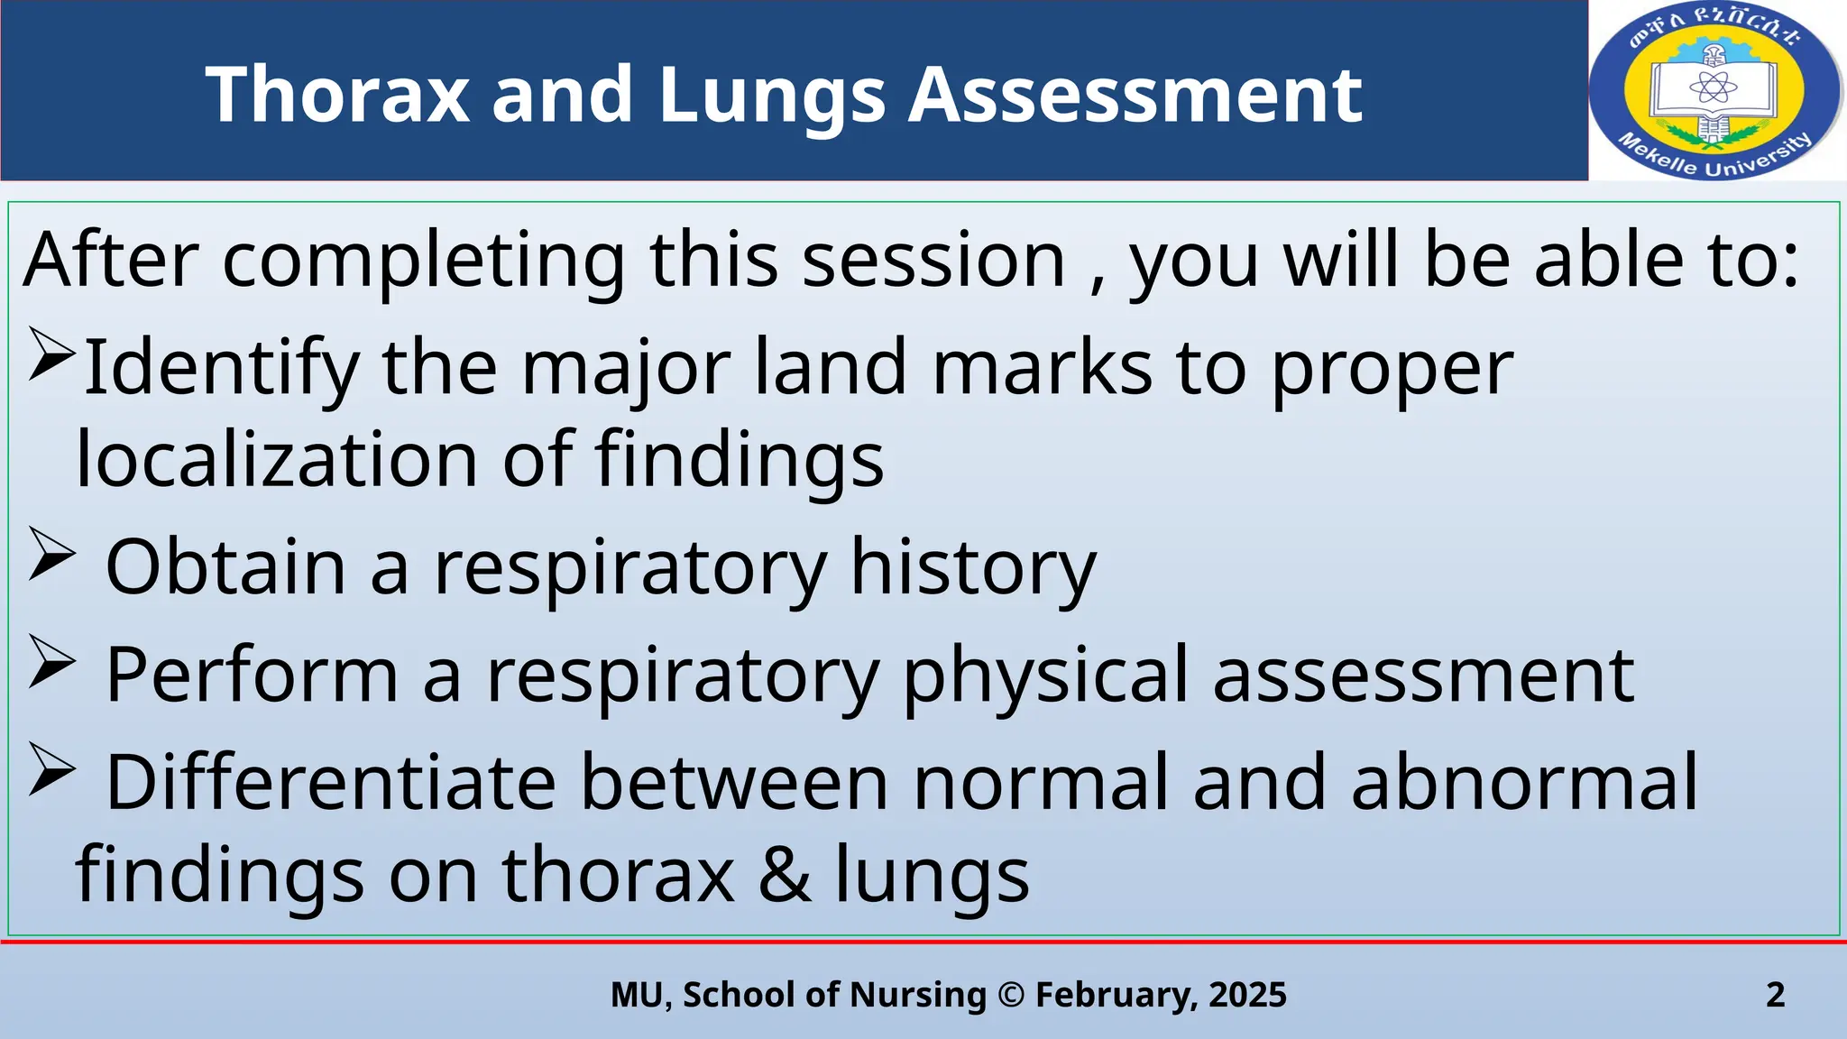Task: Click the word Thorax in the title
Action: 337,95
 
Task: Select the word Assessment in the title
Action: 1135,95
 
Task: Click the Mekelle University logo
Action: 1714,90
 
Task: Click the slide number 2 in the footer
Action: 1775,995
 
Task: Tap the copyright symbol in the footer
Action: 1011,995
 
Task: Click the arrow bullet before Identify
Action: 51,354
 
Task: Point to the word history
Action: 973,567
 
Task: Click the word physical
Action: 1046,676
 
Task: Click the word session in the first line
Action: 933,260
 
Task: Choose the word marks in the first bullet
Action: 1042,367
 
